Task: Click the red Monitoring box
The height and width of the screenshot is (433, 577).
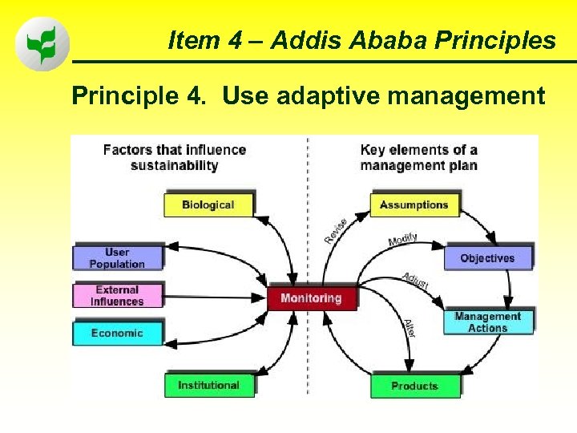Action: tap(311, 298)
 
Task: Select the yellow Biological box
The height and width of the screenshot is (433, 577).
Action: tap(208, 205)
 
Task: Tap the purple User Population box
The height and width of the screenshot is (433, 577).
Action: tap(117, 258)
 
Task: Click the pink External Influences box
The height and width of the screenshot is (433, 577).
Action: tap(117, 296)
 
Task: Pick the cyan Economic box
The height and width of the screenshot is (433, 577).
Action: tap(117, 333)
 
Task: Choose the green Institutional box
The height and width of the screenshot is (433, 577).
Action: tap(208, 386)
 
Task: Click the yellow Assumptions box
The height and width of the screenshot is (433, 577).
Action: tap(414, 205)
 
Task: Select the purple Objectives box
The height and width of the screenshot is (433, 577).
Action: tap(487, 258)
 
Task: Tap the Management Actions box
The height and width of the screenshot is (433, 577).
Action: tap(488, 322)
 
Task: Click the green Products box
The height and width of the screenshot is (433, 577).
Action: tap(414, 386)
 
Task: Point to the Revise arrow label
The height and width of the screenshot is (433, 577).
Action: tap(336, 231)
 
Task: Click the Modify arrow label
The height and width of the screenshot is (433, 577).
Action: tap(402, 240)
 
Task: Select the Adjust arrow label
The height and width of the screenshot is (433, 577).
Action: tap(415, 281)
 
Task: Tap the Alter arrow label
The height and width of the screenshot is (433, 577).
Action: tap(409, 328)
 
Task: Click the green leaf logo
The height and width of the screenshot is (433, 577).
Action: tap(42, 43)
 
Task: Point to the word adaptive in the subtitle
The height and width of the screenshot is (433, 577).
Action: tap(337, 96)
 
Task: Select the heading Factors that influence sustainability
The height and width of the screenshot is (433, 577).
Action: tap(174, 157)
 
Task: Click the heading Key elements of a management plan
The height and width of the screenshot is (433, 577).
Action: tap(418, 157)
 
